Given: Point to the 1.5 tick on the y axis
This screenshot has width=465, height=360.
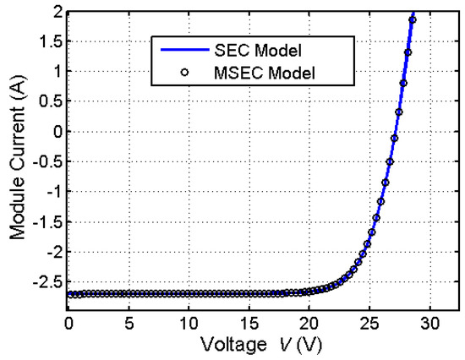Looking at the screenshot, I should click(x=47, y=41).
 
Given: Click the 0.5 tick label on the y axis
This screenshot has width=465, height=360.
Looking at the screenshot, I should click(x=47, y=101).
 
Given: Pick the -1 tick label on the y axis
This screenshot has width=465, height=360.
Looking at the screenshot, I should click(x=52, y=191).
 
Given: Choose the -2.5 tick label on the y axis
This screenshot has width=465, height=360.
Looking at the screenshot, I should click(x=46, y=281).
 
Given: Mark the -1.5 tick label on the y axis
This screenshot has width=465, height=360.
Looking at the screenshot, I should click(x=46, y=221).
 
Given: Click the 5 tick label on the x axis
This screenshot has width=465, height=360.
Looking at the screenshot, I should click(x=129, y=324).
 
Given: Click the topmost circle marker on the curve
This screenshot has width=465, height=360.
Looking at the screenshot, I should click(x=413, y=19).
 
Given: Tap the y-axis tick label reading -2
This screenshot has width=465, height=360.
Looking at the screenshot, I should click(x=52, y=251).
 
